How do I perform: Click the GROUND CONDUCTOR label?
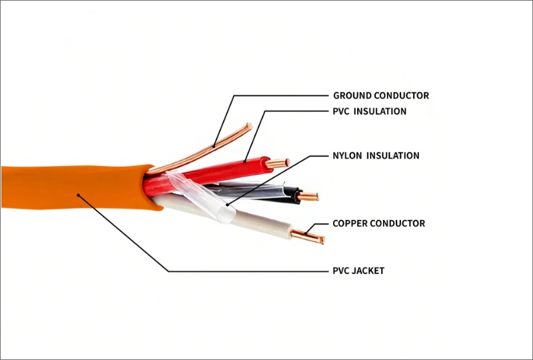click(380, 95)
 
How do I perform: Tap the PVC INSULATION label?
click(369, 111)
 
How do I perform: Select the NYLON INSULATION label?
click(376, 155)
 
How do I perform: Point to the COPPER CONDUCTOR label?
click(378, 223)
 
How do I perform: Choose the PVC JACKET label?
click(358, 271)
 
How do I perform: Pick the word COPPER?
click(350, 223)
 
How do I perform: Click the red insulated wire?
click(227, 167)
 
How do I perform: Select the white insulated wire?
click(260, 223)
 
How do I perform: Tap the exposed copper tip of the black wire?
click(308, 197)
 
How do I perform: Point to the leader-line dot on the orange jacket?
click(79, 195)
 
